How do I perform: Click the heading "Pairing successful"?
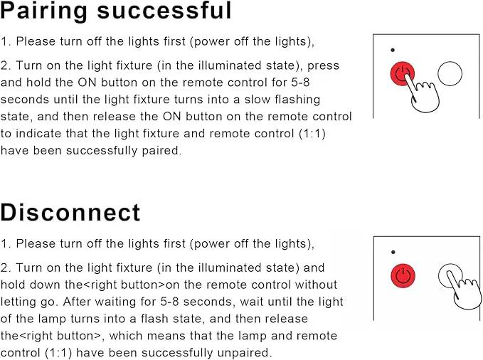[115, 11]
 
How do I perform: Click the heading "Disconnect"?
[70, 212]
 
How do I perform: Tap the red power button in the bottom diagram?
[403, 276]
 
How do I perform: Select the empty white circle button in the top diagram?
[450, 74]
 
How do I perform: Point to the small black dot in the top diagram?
[393, 50]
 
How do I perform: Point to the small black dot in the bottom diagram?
[393, 252]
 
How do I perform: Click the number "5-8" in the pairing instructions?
[300, 83]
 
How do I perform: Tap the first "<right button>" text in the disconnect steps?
[124, 285]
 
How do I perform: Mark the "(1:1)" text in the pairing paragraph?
[312, 134]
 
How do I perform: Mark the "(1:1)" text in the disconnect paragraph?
[58, 353]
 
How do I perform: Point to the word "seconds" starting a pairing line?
[25, 100]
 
